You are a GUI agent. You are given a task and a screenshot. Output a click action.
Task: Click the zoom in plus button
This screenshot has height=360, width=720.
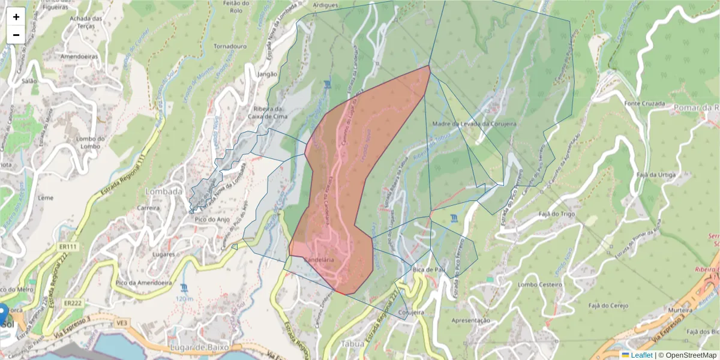click(x=16, y=17)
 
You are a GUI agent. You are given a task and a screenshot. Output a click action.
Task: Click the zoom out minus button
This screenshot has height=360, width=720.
click(x=16, y=35)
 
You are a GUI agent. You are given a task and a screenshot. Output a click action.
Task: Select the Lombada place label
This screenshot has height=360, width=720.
click(x=163, y=191)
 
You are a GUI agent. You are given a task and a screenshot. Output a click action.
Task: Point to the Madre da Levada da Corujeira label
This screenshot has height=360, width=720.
click(x=474, y=124)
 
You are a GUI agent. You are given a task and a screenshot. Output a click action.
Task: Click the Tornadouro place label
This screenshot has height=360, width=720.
click(x=230, y=46)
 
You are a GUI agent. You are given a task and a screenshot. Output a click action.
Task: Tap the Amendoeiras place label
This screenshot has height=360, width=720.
click(x=80, y=56)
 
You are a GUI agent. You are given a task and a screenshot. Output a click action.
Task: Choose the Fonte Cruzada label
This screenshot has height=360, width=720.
click(x=644, y=104)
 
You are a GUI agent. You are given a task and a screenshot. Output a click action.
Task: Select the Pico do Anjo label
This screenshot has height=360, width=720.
click(x=212, y=219)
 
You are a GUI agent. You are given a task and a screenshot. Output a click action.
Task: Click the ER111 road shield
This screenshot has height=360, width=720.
click(x=69, y=247)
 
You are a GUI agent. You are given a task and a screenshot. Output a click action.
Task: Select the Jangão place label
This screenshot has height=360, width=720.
click(x=267, y=74)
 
